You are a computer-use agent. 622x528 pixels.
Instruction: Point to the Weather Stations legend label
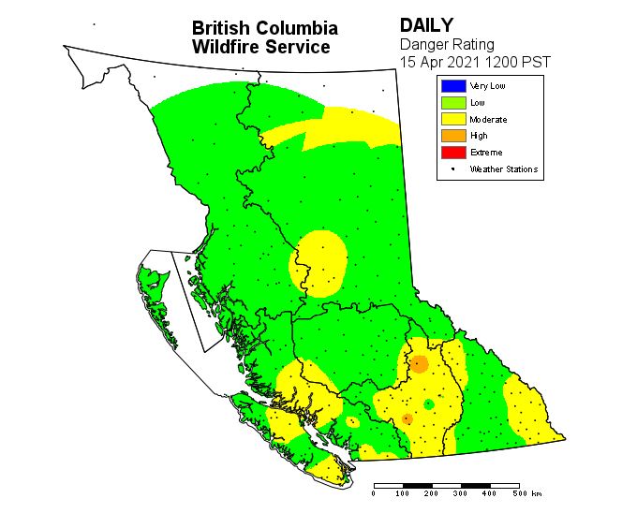click(503, 169)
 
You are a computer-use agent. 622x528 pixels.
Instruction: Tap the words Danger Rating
click(447, 43)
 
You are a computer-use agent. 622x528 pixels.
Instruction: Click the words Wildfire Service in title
click(260, 47)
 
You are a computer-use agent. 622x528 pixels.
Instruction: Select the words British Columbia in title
click(264, 28)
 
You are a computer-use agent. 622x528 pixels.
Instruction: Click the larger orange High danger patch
click(420, 363)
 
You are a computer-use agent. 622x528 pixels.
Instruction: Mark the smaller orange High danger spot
click(407, 418)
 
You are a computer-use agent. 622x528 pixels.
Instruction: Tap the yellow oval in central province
click(319, 263)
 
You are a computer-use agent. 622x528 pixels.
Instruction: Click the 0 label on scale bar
click(374, 492)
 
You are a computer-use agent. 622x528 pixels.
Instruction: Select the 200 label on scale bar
click(432, 492)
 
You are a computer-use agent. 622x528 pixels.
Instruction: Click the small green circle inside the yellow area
click(428, 403)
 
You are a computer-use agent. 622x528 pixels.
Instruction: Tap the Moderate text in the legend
click(488, 120)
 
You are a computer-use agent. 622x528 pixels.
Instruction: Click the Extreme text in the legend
click(485, 153)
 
